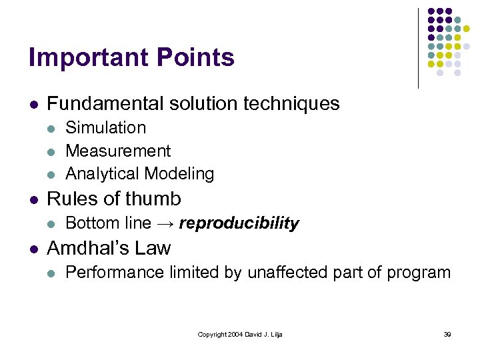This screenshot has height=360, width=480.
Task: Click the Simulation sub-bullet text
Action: click(105, 127)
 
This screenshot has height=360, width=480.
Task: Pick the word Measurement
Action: click(118, 151)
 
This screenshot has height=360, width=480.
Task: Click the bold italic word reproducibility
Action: click(239, 223)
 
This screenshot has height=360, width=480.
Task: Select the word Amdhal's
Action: click(89, 249)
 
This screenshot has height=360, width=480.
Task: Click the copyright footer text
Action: click(240, 334)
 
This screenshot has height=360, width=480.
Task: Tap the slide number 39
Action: click(447, 334)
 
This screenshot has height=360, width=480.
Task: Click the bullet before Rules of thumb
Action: click(32, 199)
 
